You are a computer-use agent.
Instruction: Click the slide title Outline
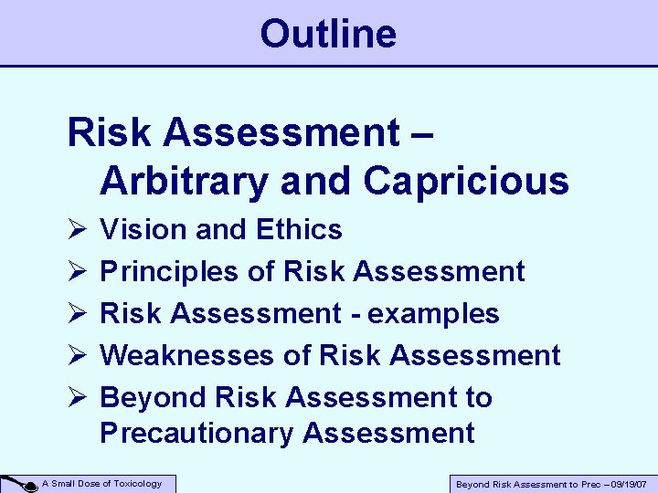(x=328, y=34)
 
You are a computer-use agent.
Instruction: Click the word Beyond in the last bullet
(x=154, y=397)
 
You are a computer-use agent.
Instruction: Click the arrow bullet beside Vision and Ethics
(x=76, y=230)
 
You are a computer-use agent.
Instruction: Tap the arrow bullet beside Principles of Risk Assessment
(x=76, y=272)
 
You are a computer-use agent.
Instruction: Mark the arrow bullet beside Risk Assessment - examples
(x=76, y=314)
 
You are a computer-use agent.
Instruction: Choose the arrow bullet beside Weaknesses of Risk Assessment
(x=76, y=356)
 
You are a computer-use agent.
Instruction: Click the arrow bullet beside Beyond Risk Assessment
(x=76, y=398)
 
